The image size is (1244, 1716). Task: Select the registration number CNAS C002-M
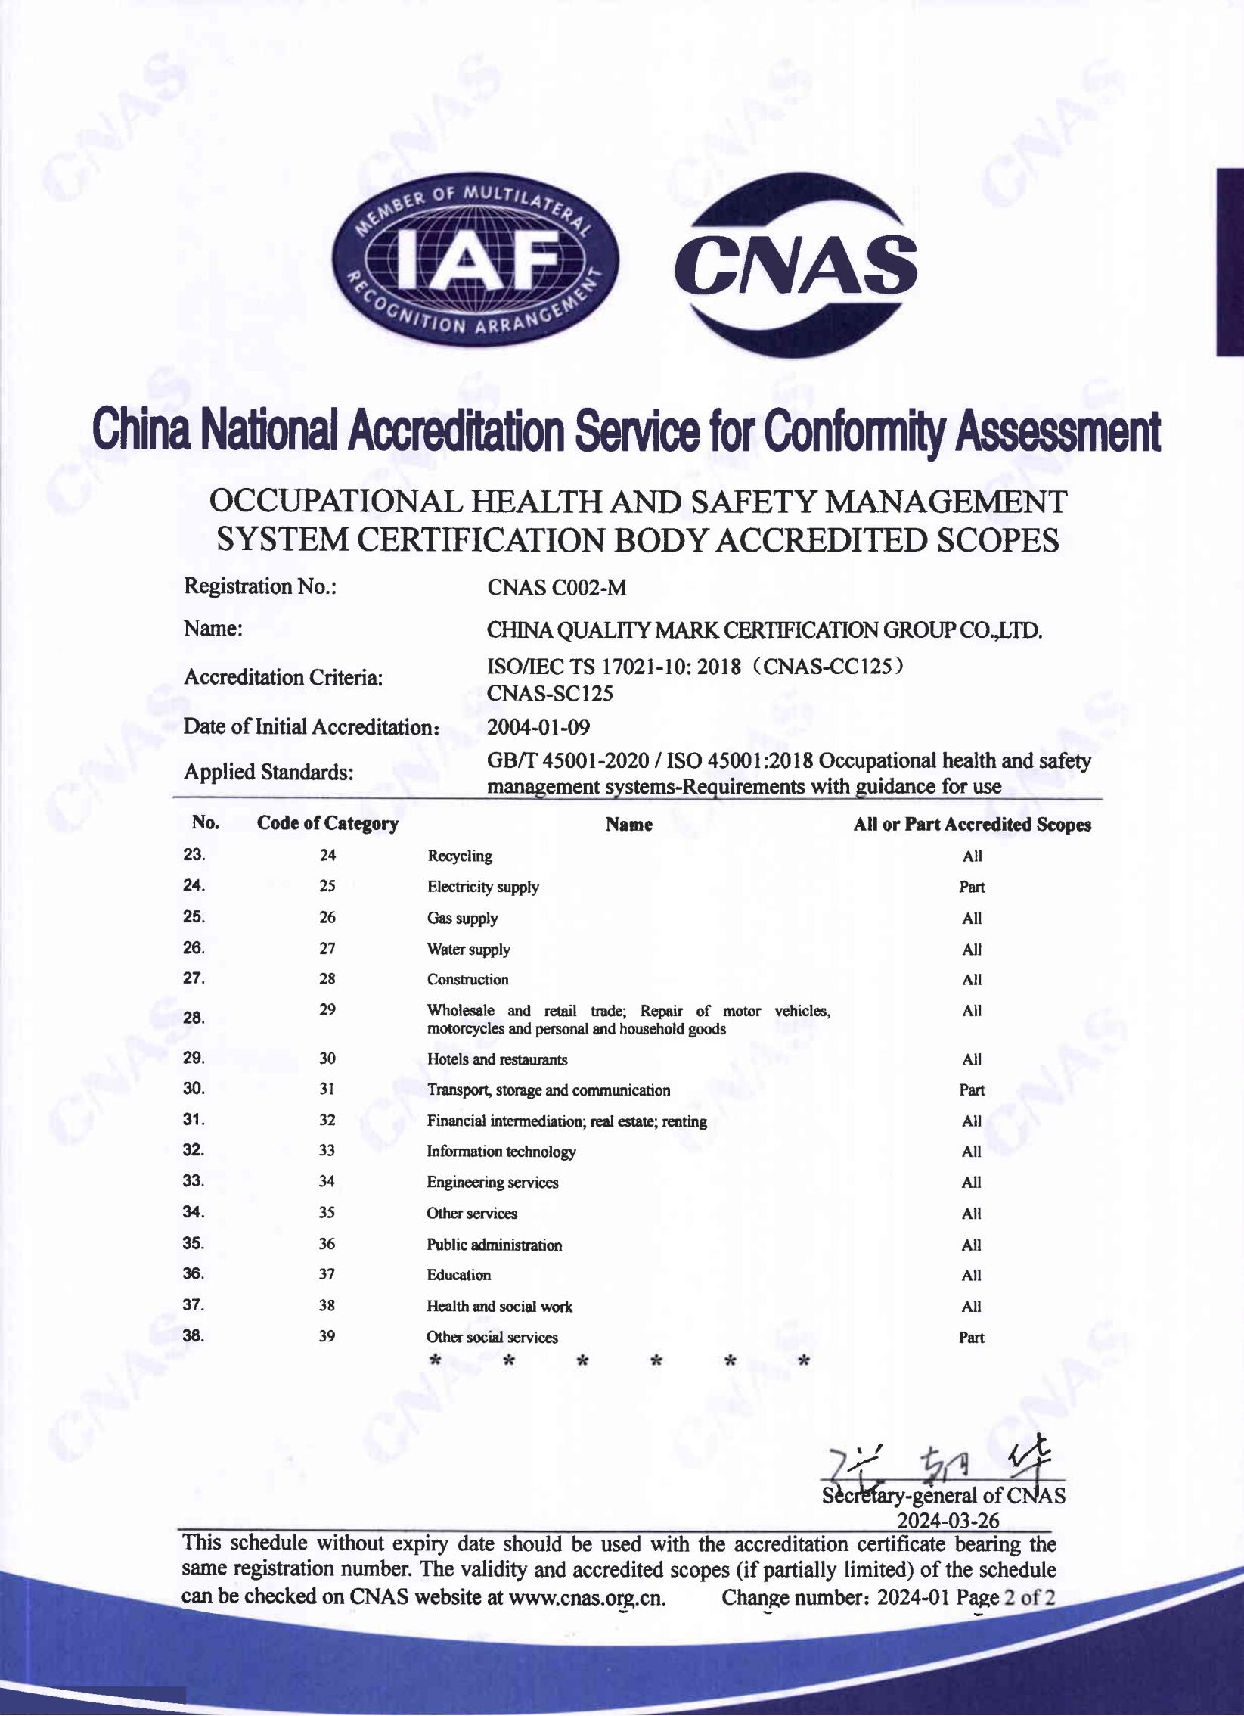pyautogui.click(x=557, y=587)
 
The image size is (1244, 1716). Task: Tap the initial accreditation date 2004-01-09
pyautogui.click(x=538, y=727)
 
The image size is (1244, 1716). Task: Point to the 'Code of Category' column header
pyautogui.click(x=327, y=823)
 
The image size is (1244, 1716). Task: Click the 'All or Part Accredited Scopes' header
pyautogui.click(x=972, y=825)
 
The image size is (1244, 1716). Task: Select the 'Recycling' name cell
pyautogui.click(x=460, y=856)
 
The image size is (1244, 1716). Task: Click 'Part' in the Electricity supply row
pyautogui.click(x=972, y=887)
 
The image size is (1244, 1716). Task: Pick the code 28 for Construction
pyautogui.click(x=327, y=979)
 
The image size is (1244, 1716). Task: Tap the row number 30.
pyautogui.click(x=194, y=1089)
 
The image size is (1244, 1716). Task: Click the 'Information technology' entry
pyautogui.click(x=501, y=1152)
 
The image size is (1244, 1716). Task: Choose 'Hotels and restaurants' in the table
pyautogui.click(x=497, y=1059)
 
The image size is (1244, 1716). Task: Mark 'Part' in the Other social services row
pyautogui.click(x=972, y=1338)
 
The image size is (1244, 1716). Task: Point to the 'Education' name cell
pyautogui.click(x=459, y=1275)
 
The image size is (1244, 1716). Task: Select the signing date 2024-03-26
pyautogui.click(x=948, y=1520)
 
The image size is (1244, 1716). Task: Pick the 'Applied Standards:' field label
pyautogui.click(x=268, y=773)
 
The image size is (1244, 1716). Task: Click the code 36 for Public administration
pyautogui.click(x=327, y=1244)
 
